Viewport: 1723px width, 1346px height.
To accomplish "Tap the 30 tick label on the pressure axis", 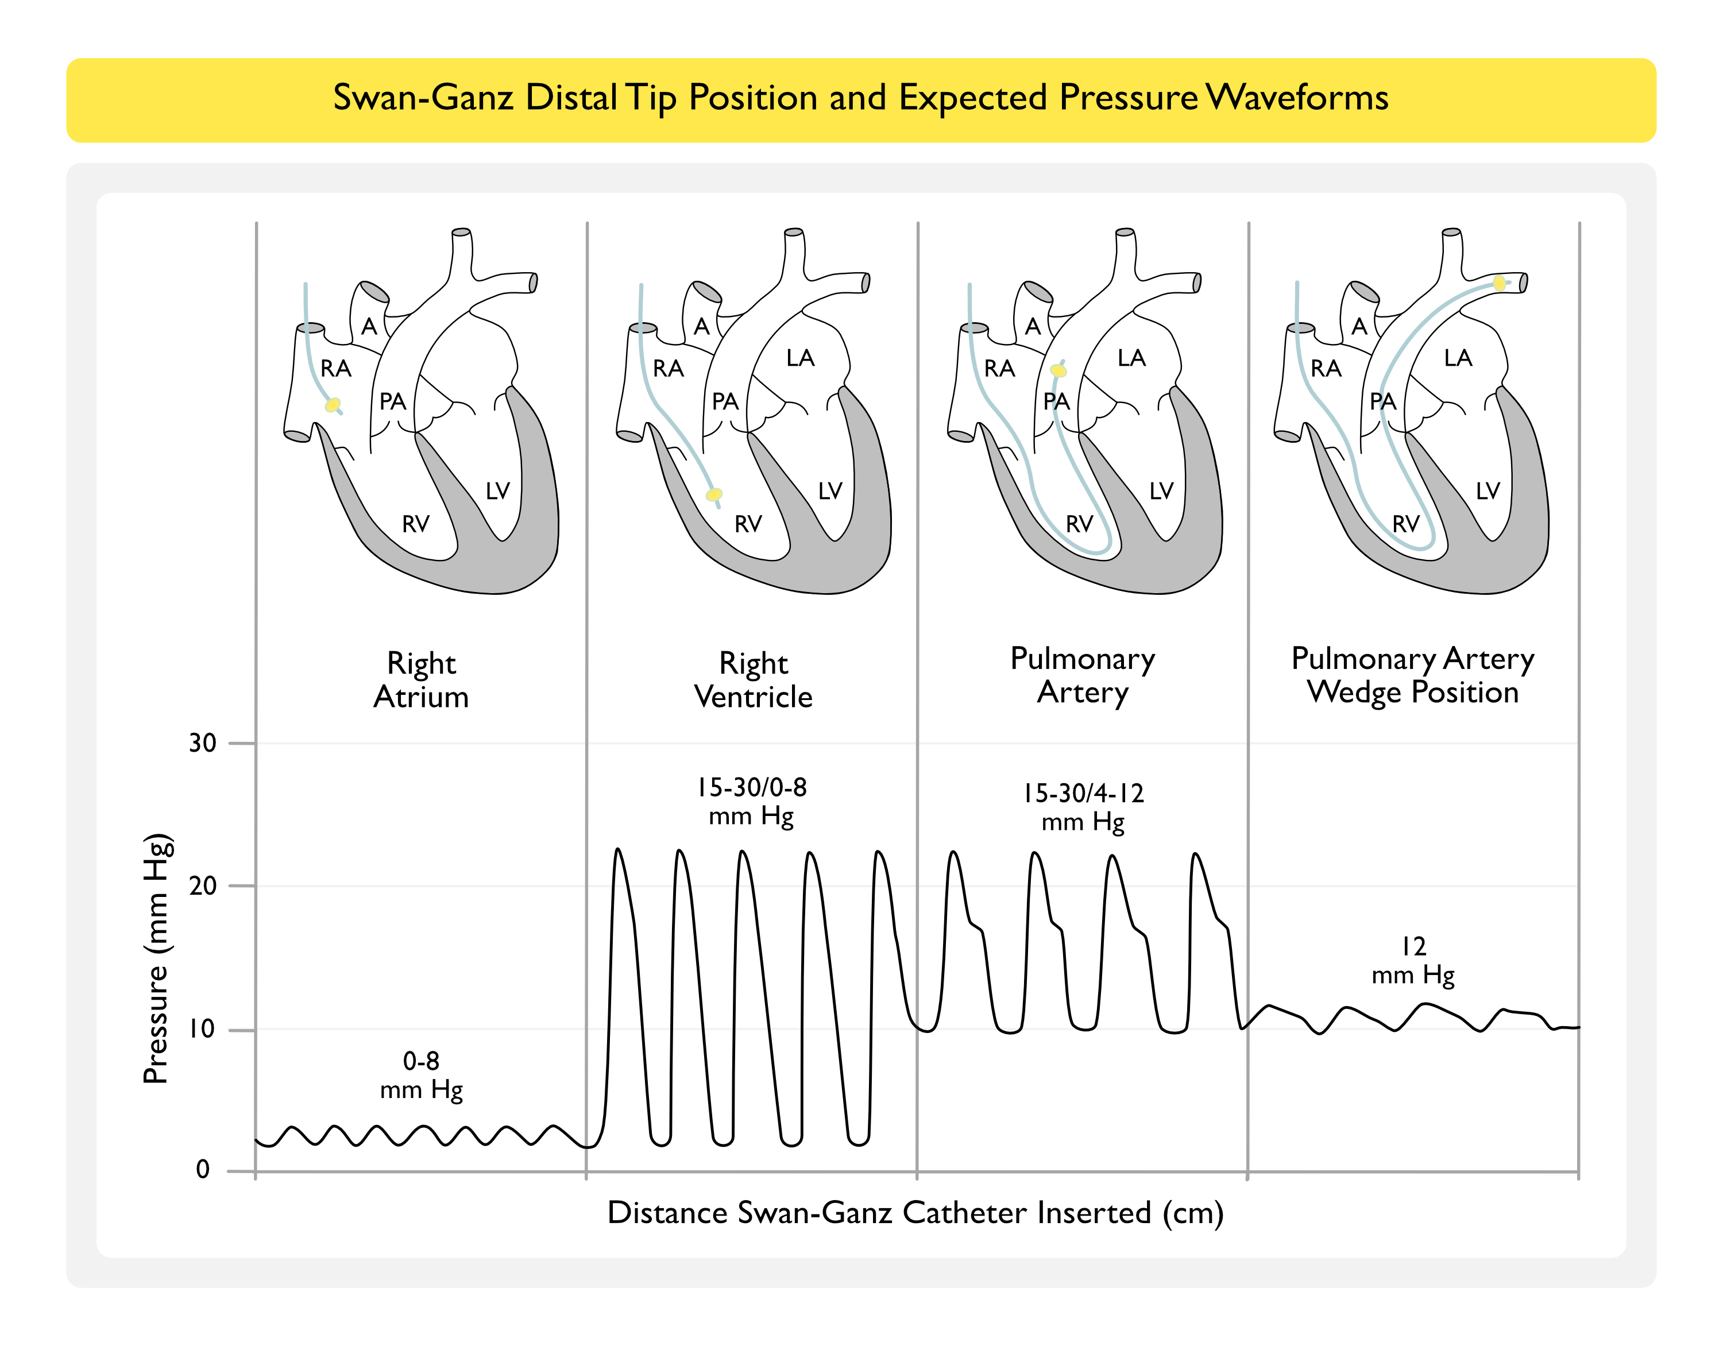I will coord(202,743).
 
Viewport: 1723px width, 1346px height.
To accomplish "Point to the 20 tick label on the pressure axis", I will coord(202,886).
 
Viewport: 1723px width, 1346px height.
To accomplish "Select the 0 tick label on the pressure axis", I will coord(203,1169).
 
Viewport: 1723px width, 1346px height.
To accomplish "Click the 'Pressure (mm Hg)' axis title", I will coord(156,958).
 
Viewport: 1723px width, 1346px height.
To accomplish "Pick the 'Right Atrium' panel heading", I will coord(422,680).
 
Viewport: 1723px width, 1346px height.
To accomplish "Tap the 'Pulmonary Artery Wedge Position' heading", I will coord(1412,675).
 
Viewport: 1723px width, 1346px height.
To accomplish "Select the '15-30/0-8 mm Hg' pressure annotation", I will coord(752,802).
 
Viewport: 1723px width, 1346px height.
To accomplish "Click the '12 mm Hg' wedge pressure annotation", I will coord(1413,960).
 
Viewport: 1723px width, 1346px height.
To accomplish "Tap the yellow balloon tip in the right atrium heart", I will coord(333,405).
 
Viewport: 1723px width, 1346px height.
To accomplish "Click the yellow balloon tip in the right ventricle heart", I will coord(714,494).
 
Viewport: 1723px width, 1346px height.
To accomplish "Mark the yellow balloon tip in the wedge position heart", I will coord(1499,283).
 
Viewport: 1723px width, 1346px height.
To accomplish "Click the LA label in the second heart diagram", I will coord(800,358).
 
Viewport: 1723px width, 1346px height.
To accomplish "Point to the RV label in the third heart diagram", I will coord(1079,524).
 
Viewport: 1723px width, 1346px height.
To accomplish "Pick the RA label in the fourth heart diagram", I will coord(1326,369).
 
